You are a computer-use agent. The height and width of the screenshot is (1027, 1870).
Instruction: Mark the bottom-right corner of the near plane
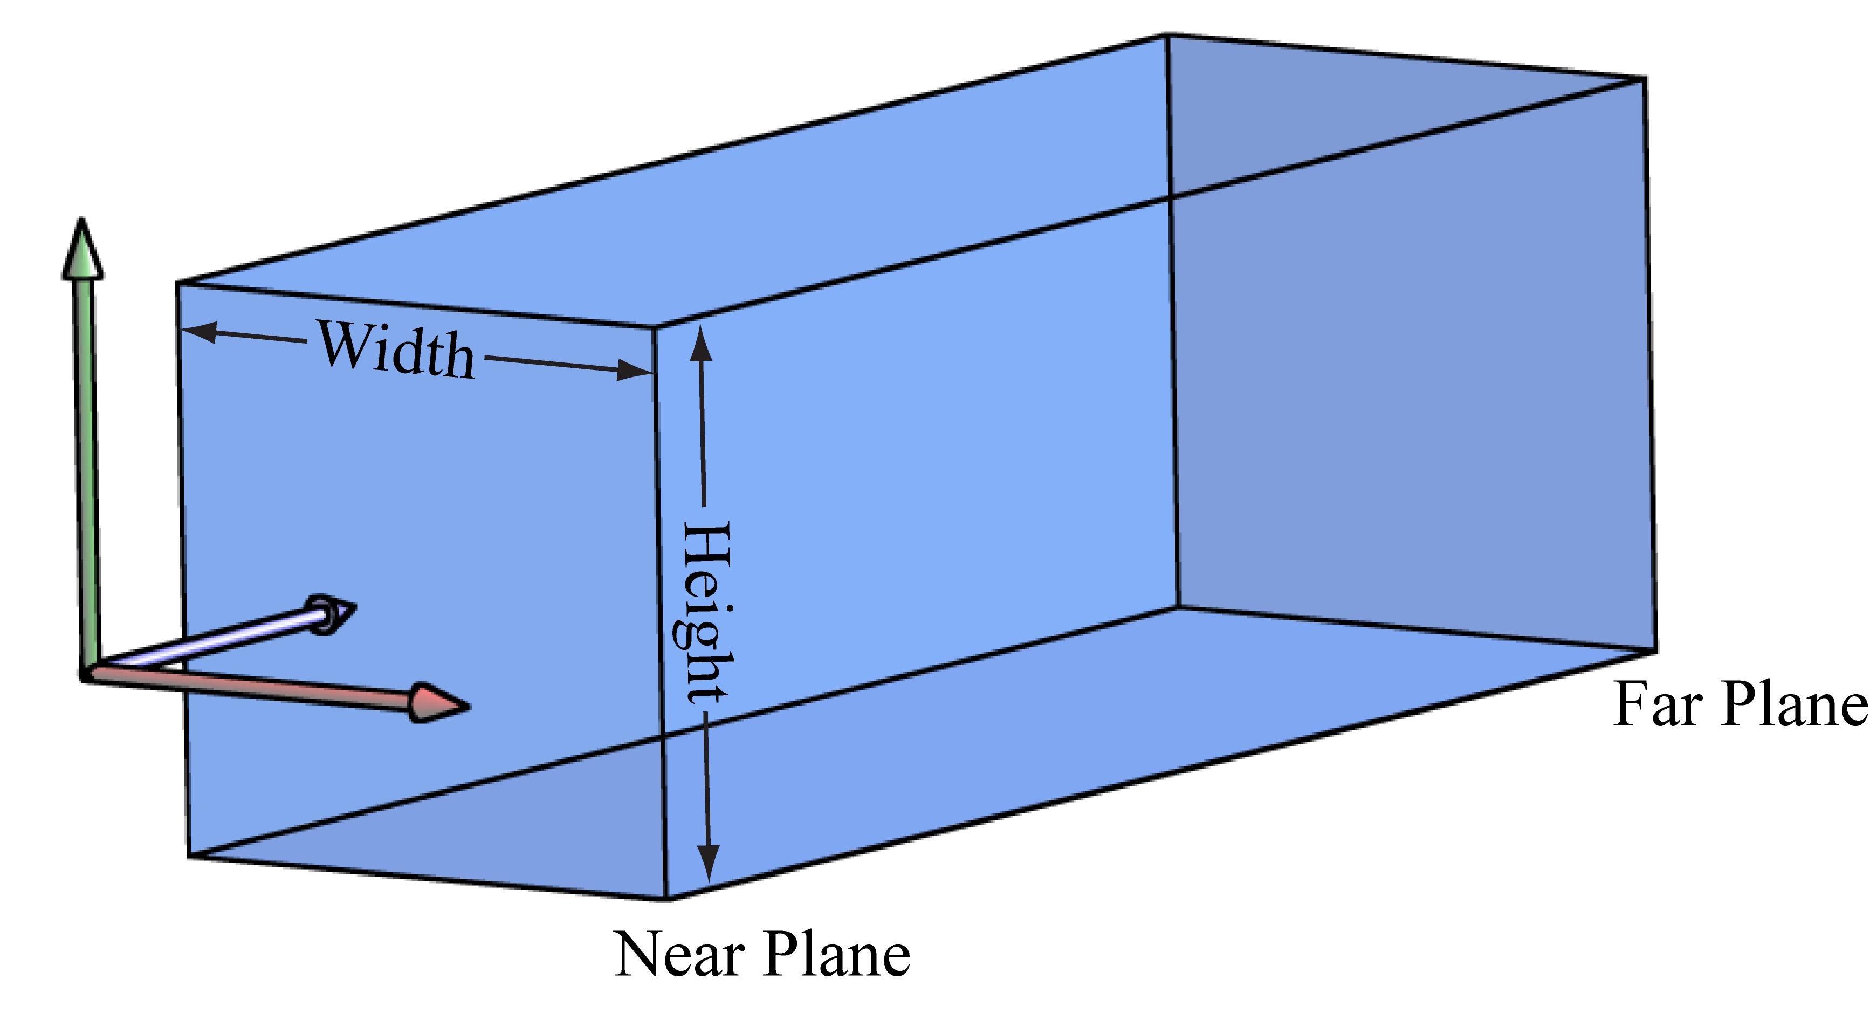coord(666,899)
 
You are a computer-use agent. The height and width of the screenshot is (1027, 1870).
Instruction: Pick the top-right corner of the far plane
coord(1644,78)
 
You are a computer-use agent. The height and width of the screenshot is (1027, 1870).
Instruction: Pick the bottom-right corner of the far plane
coord(1656,652)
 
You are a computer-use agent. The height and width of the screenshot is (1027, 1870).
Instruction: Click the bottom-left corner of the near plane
coord(189,855)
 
